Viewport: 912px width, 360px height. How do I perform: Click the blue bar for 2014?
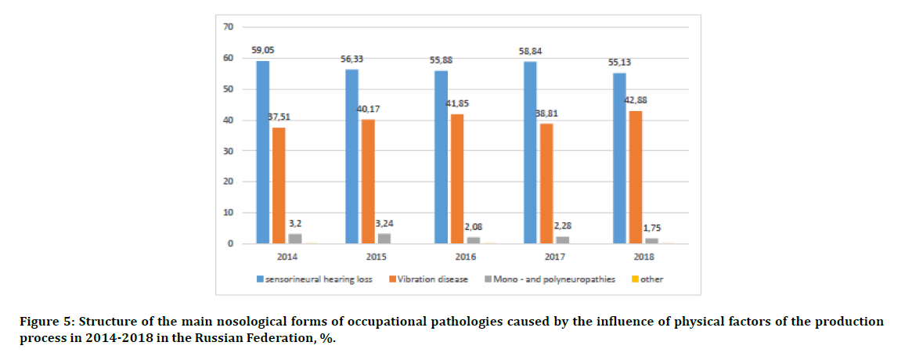coord(263,153)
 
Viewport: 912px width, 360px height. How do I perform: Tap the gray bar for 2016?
coord(474,240)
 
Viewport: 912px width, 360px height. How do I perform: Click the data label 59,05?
coord(262,50)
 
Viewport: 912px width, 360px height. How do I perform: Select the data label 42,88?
coord(636,100)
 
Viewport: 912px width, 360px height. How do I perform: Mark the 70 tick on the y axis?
coord(229,27)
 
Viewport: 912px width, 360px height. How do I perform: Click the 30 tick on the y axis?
coord(229,151)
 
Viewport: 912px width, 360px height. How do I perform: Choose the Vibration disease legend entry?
coord(432,279)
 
